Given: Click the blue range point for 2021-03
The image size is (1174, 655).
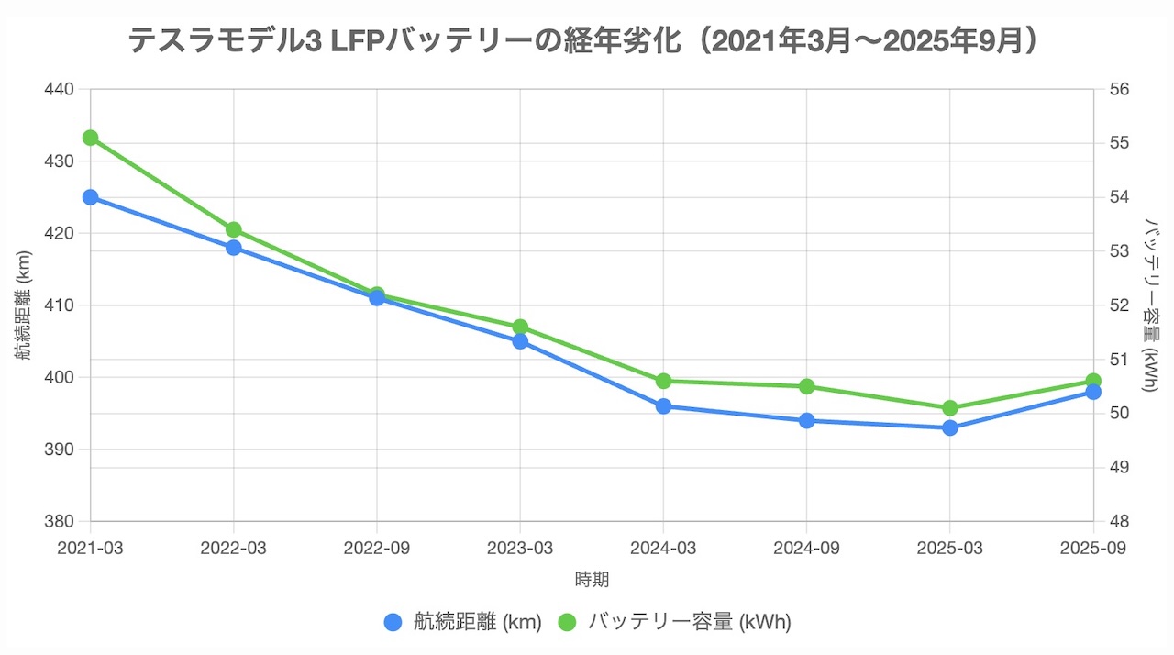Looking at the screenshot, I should [x=90, y=197].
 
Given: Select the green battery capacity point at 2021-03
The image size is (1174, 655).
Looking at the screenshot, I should [x=90, y=138].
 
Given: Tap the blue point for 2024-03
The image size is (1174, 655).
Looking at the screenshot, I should [x=663, y=406].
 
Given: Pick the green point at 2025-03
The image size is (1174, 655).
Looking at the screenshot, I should [x=950, y=408].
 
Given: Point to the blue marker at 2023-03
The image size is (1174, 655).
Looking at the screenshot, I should [x=520, y=341].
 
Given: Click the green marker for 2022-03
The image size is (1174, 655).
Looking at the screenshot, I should [x=233, y=229].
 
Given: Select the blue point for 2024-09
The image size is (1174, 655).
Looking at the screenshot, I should [x=806, y=421].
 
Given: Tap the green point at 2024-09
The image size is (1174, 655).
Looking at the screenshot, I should [x=806, y=386].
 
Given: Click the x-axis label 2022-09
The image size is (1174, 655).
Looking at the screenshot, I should [x=377, y=548].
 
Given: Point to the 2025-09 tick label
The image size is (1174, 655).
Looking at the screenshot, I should [x=1093, y=548].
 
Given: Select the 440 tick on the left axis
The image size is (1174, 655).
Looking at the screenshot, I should [x=60, y=89].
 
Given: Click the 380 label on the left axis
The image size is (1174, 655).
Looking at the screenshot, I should [x=60, y=522].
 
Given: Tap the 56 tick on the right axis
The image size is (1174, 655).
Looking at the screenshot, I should [x=1122, y=89].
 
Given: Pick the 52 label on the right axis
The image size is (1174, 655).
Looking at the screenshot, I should [x=1122, y=305].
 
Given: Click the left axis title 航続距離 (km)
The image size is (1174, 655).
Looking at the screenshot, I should [x=24, y=305].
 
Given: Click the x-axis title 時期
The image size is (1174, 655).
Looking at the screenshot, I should [x=592, y=580].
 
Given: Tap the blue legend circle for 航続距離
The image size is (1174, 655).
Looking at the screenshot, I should [x=393, y=622].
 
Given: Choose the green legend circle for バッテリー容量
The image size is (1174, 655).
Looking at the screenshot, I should [x=567, y=622].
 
